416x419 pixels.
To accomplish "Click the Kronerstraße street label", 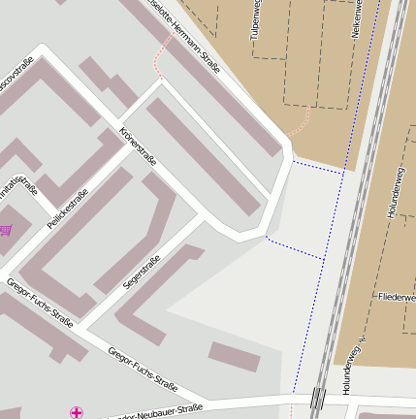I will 137,146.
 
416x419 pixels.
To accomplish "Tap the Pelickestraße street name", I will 68,209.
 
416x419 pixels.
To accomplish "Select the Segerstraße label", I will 142,273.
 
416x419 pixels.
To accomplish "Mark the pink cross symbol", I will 77,413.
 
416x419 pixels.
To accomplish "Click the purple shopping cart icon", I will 6,230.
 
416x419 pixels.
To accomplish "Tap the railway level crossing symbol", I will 317,398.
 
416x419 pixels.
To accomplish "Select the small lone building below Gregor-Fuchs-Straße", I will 235,356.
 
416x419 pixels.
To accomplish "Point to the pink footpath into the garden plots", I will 302,122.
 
